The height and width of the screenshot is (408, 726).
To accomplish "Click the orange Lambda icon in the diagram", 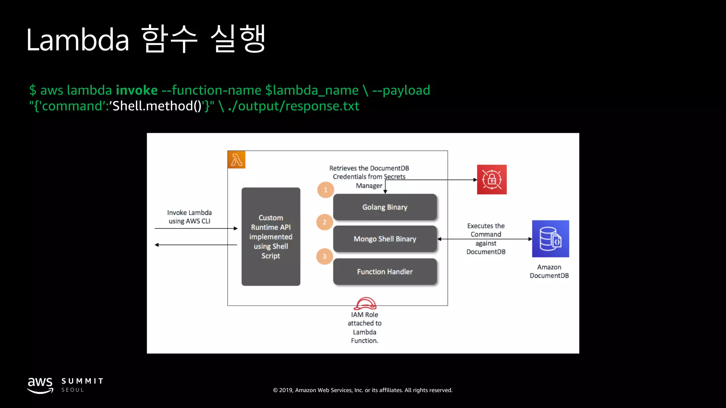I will click(236, 160).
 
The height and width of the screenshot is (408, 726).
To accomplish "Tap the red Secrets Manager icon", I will click(492, 180).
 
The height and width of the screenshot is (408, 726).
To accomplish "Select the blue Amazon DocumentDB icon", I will click(550, 239).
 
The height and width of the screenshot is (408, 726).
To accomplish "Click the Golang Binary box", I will click(385, 207).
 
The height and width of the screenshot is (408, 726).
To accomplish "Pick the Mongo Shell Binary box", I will click(385, 239).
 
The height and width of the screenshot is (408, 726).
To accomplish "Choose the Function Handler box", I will click(385, 272).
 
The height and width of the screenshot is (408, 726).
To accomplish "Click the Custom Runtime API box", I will click(271, 237).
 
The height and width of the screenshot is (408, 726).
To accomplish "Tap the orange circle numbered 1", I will click(325, 190).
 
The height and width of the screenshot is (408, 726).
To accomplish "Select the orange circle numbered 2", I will click(324, 222).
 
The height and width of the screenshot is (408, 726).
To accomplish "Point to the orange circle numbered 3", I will click(324, 256).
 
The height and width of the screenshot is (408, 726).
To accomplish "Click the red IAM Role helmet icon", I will click(365, 304).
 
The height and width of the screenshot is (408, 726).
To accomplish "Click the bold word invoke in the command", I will click(136, 90).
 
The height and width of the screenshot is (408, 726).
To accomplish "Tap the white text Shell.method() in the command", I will click(157, 106).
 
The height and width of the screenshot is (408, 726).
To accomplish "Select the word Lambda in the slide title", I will click(78, 40).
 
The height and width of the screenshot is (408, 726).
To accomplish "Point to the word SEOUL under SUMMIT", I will click(73, 390).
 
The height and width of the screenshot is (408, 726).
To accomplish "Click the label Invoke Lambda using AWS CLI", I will click(189, 217).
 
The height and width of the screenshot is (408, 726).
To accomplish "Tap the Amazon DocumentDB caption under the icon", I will click(549, 271).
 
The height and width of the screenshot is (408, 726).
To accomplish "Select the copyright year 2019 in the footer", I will click(286, 390).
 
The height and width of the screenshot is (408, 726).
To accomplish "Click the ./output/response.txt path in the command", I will click(294, 106).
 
